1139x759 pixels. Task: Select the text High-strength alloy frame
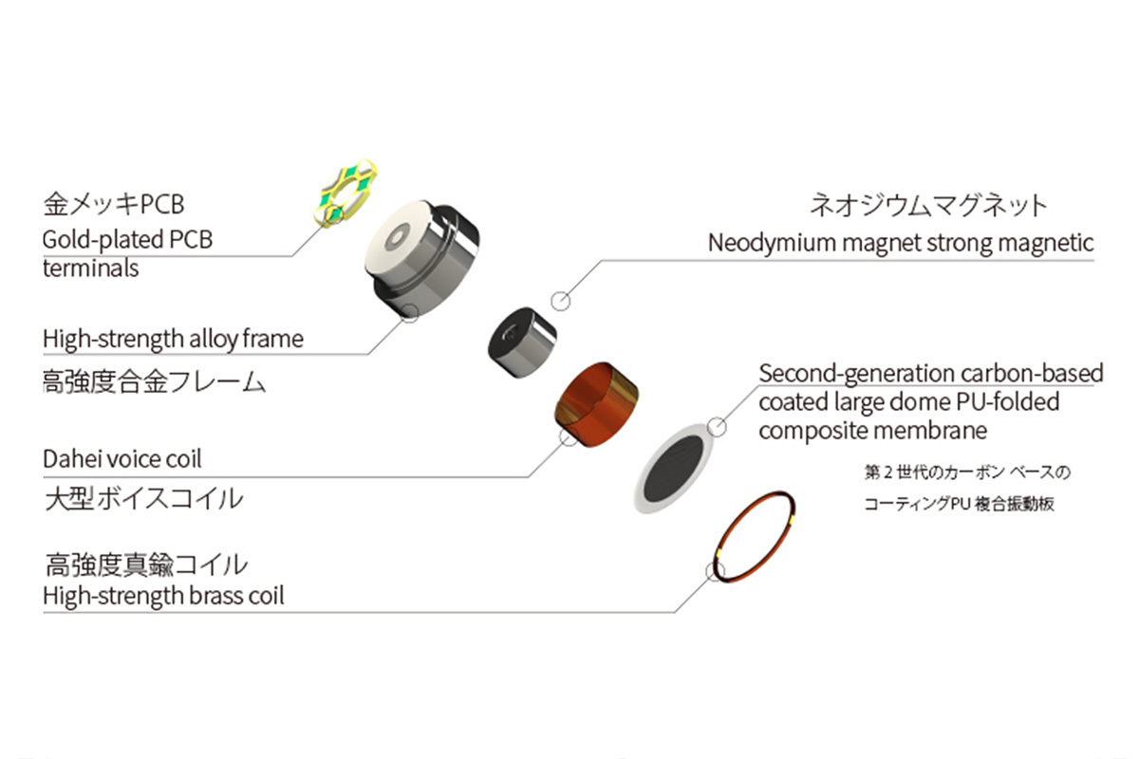[x=173, y=339]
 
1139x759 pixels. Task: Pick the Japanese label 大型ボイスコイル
[x=142, y=498]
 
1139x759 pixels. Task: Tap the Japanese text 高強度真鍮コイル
[x=146, y=565]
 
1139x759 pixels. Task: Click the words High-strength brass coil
[x=162, y=597]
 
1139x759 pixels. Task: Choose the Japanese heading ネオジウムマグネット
[x=927, y=204]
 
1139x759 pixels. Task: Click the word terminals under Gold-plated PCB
[x=90, y=268]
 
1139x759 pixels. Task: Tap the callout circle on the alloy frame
[x=410, y=311]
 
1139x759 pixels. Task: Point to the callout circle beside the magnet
[x=561, y=302]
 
